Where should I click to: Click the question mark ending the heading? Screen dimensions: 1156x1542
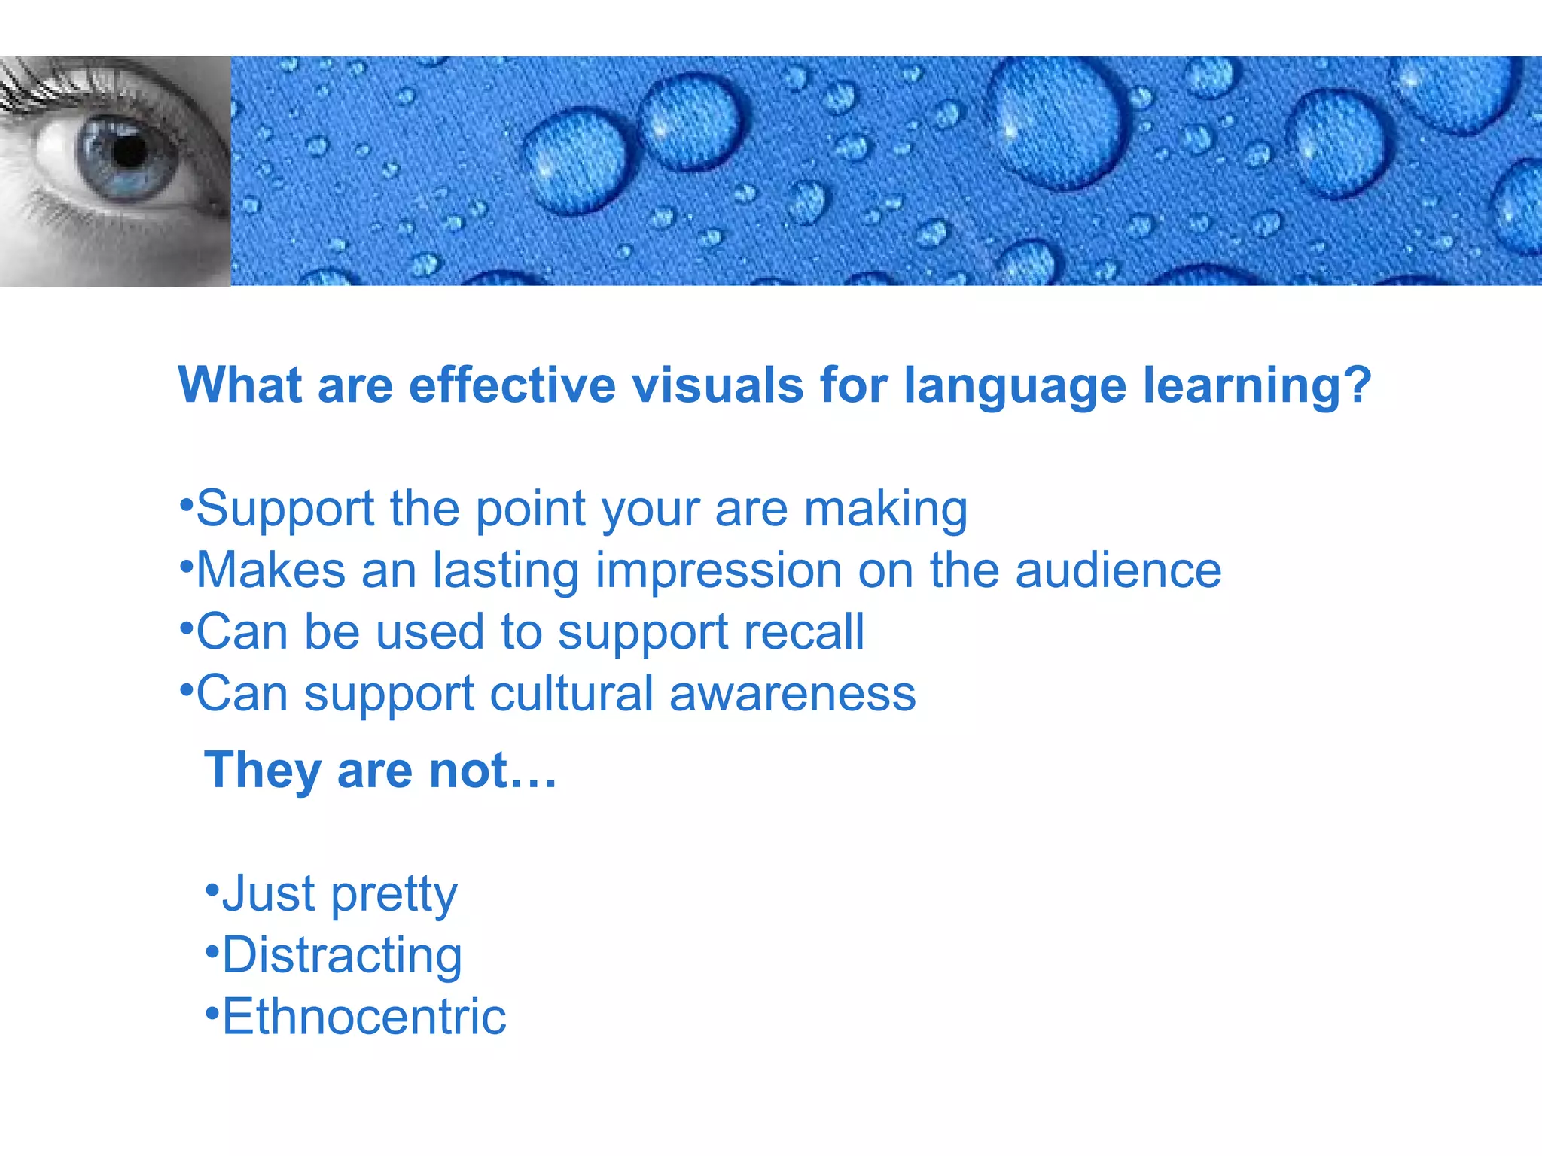point(1358,385)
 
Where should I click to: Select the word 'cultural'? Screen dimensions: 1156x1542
point(571,693)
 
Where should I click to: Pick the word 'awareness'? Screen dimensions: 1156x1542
point(792,695)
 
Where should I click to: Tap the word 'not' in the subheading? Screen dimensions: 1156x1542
point(468,772)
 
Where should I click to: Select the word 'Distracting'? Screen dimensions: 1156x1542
point(342,956)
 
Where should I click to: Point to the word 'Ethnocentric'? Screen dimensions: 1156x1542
point(364,1018)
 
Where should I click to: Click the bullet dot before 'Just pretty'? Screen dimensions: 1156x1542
point(212,889)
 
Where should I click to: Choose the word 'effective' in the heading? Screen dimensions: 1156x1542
point(512,385)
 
